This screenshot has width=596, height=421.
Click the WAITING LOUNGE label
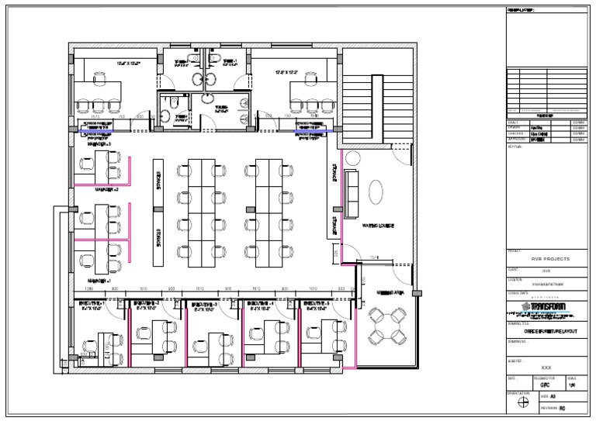[379, 226]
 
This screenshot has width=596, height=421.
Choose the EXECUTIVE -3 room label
[205, 305]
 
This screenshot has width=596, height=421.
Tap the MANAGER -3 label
[99, 144]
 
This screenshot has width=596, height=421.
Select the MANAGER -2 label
[106, 189]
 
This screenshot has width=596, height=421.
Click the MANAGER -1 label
[100, 280]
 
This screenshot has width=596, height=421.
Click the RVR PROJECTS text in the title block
[550, 258]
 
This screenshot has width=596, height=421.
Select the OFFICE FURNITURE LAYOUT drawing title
[550, 331]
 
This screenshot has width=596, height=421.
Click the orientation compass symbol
[523, 402]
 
